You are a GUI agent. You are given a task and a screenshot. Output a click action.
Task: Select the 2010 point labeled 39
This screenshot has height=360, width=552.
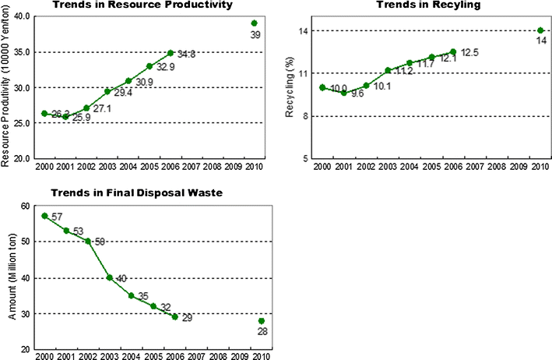point(254,23)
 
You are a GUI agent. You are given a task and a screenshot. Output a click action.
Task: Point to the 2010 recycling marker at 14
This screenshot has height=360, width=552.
point(540,30)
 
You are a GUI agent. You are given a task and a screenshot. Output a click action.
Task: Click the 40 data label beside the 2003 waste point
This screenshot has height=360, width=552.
point(122,278)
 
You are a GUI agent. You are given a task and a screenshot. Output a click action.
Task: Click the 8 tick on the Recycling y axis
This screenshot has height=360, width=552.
point(307,116)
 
